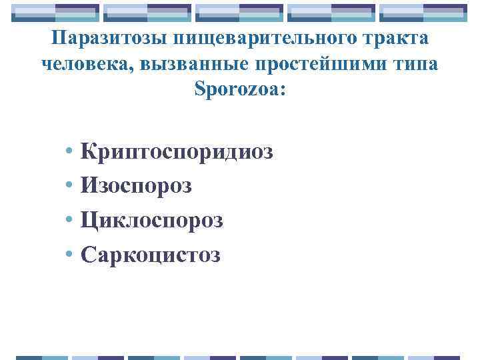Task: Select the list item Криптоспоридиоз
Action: (x=177, y=152)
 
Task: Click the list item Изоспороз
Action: (x=136, y=186)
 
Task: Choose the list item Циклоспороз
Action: (x=151, y=220)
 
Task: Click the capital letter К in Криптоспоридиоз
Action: (x=88, y=151)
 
